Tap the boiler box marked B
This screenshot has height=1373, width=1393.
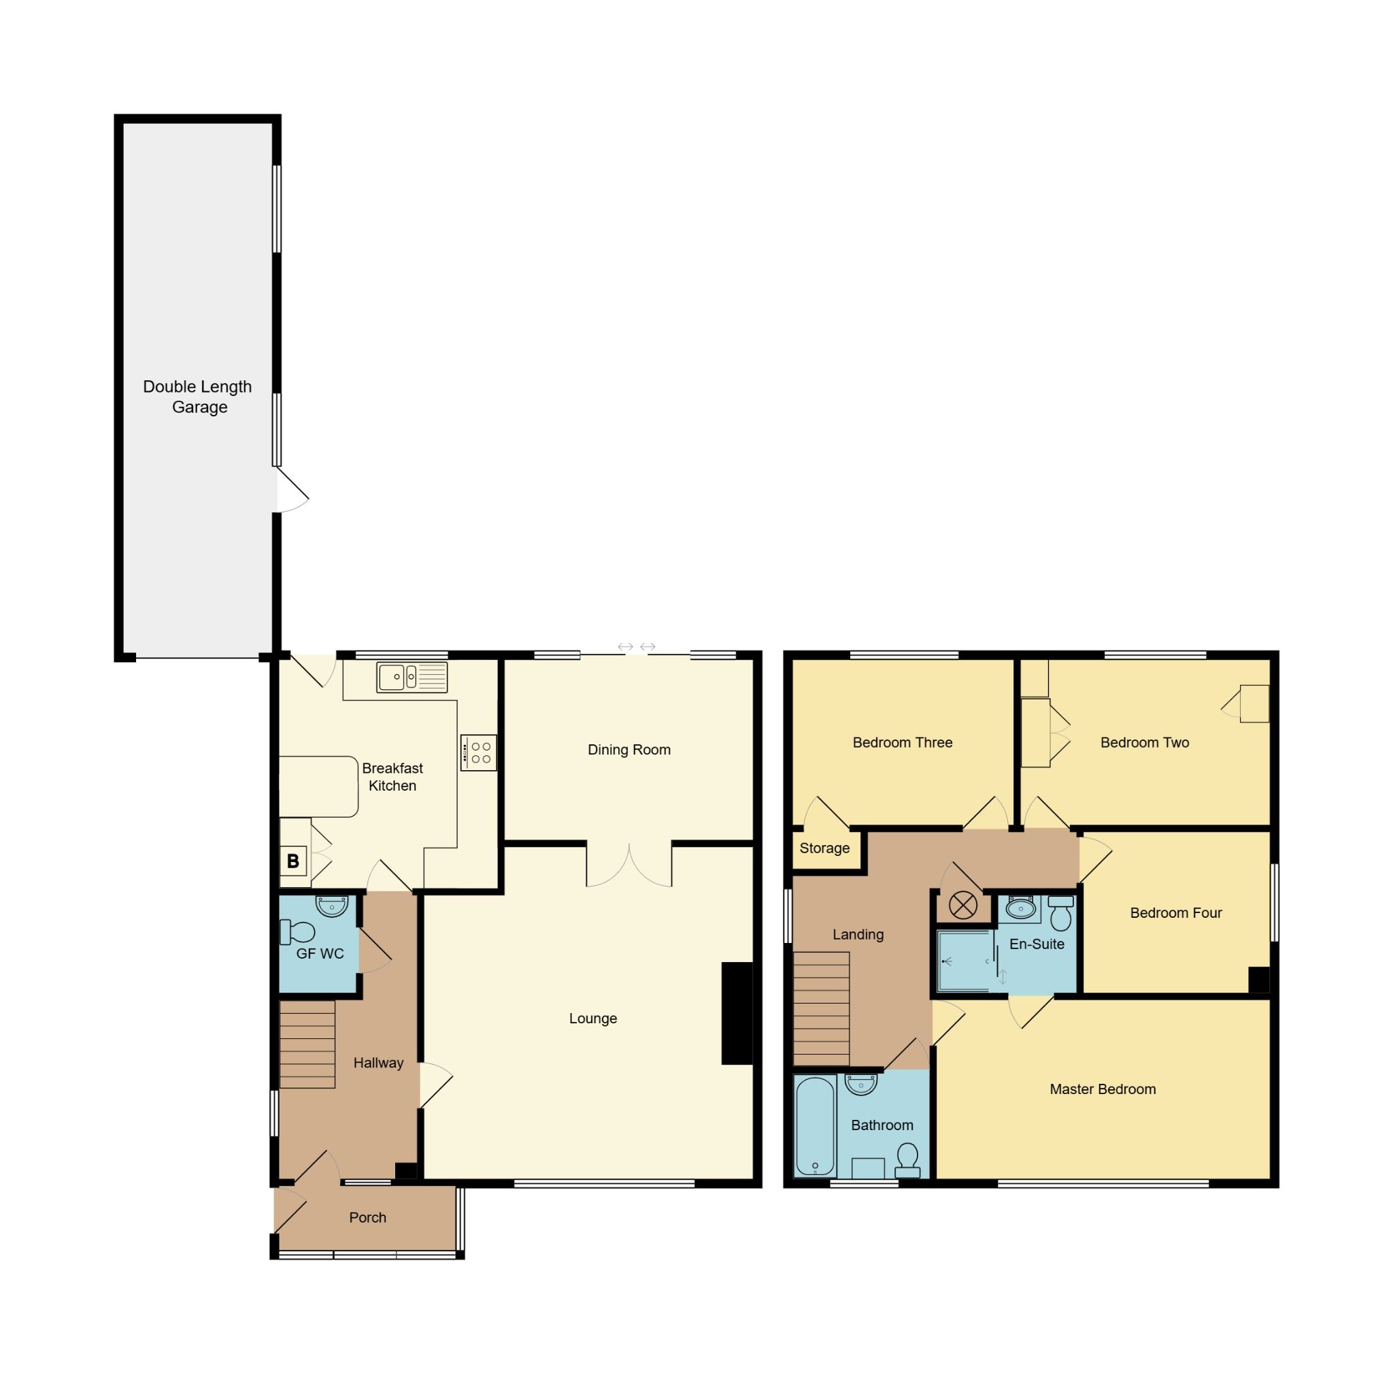point(292,860)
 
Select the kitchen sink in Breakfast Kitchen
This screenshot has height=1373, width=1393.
point(412,677)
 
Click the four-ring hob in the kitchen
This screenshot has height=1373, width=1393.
point(479,752)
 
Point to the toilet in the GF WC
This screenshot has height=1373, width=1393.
point(298,931)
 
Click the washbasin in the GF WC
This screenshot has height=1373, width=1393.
point(332,906)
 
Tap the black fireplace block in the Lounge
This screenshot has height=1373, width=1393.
point(737,1013)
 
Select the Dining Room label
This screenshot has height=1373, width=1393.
point(628,749)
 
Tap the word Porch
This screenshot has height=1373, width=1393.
point(368,1217)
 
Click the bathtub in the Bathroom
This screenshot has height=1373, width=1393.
point(816,1127)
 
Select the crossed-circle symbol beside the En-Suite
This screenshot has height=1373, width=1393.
point(962,905)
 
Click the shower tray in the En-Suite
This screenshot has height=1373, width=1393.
point(964,961)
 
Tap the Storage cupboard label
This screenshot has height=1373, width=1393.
point(824,848)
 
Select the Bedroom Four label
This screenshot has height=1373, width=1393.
point(1175,913)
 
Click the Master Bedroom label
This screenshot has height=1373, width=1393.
point(1103,1089)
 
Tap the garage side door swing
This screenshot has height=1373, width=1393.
point(291,491)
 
